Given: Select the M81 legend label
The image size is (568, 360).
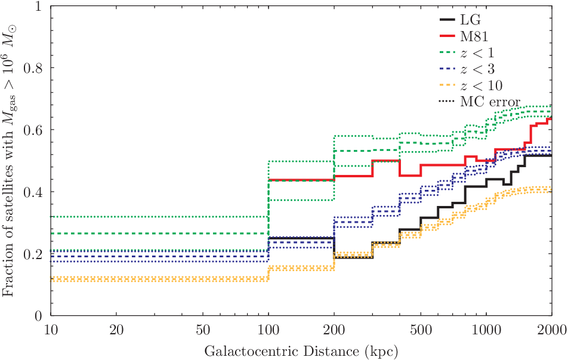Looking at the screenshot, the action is tap(474, 36).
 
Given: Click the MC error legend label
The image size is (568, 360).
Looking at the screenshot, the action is tap(490, 102).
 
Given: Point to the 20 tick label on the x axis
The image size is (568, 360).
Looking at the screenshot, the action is tap(116, 330).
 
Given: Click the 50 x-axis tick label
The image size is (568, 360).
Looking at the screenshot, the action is tap(203, 330).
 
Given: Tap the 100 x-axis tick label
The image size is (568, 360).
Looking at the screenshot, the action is tap(268, 330).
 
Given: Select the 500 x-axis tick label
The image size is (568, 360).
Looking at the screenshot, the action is tap(421, 330).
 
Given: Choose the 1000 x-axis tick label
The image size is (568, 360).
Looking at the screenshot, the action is tap(486, 330).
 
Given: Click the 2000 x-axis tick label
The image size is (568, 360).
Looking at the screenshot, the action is tap(552, 330).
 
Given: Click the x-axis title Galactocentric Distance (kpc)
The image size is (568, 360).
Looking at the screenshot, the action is tap(301, 351).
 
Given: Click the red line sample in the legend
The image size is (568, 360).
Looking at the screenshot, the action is tap(447, 36).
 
